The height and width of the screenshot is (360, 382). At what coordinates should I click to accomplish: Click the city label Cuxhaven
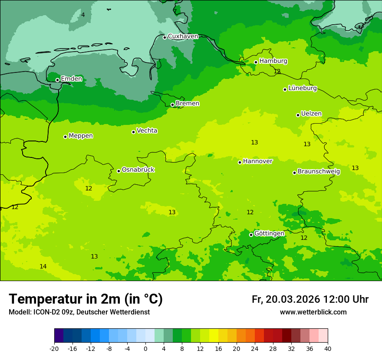point(183,36)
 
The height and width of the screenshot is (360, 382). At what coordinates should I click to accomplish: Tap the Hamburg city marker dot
point(256,62)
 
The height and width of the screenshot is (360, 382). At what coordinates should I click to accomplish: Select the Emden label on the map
point(71,79)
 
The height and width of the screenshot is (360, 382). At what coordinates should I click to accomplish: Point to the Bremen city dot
point(172,105)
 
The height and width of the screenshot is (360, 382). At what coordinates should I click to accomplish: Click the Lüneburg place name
point(303,88)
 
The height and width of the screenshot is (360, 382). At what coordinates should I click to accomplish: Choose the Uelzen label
point(311,114)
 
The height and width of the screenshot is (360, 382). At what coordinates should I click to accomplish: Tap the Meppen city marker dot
point(65,137)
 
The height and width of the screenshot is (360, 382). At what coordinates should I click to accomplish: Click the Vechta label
point(147,131)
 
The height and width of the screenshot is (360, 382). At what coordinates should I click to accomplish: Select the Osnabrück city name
point(138,170)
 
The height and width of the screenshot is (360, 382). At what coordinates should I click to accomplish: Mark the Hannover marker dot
point(240,162)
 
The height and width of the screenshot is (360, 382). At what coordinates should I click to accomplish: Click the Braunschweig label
point(319,172)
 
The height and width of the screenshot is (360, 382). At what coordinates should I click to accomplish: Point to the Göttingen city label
point(269,234)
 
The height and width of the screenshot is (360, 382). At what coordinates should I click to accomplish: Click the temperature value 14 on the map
point(43,266)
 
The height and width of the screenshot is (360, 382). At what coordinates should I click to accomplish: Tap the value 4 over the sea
point(83,15)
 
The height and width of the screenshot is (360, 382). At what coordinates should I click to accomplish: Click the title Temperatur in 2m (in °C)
point(86,299)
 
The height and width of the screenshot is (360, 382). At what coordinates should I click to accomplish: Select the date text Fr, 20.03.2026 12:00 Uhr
point(310,299)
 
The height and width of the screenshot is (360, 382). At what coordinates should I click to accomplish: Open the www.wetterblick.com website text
point(313,312)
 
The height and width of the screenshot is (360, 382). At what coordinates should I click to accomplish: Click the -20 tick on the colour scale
point(54,349)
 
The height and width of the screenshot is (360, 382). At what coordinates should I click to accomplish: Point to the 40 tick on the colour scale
point(328,349)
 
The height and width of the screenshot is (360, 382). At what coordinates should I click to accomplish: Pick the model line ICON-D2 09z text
point(79,312)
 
